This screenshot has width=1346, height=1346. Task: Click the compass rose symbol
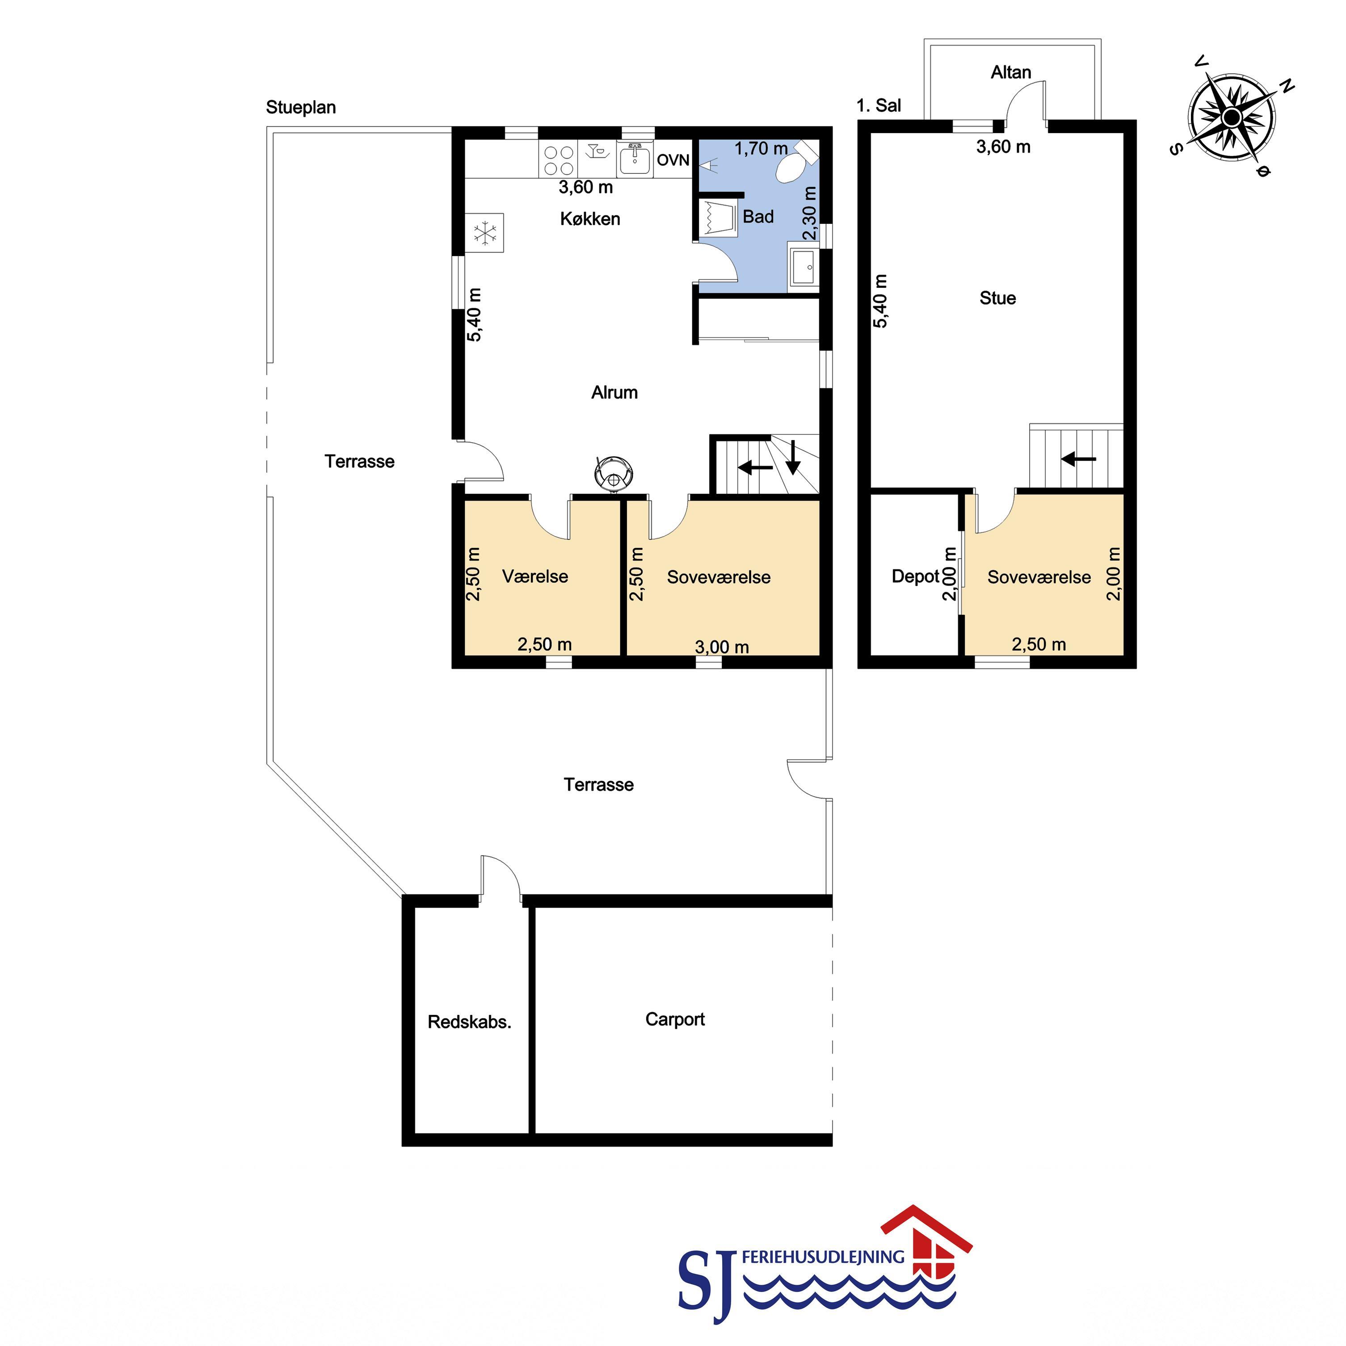1232,116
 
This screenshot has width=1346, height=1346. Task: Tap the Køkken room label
590,219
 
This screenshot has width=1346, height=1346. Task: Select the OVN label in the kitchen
673,160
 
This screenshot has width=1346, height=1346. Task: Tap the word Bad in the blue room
758,217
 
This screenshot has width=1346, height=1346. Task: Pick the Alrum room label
614,392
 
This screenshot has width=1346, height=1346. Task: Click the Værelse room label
535,576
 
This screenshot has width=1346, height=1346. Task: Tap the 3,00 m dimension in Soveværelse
722,647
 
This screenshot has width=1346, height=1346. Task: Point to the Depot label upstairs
916,576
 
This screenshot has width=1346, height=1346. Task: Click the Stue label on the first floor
997,298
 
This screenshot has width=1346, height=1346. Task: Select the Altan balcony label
1011,72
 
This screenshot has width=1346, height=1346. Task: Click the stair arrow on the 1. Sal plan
1078,459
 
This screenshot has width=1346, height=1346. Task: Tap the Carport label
675,1019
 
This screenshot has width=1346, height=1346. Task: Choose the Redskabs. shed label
470,1022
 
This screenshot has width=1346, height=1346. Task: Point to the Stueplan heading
301,107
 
